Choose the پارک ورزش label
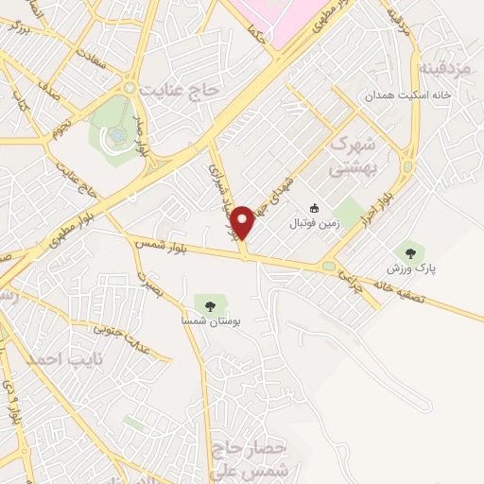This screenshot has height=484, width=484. (409, 268)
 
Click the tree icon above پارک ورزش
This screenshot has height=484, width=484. (409, 251)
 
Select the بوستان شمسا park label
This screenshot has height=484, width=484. (211, 321)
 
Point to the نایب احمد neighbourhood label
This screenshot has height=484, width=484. (57, 360)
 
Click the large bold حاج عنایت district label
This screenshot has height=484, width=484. (179, 90)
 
